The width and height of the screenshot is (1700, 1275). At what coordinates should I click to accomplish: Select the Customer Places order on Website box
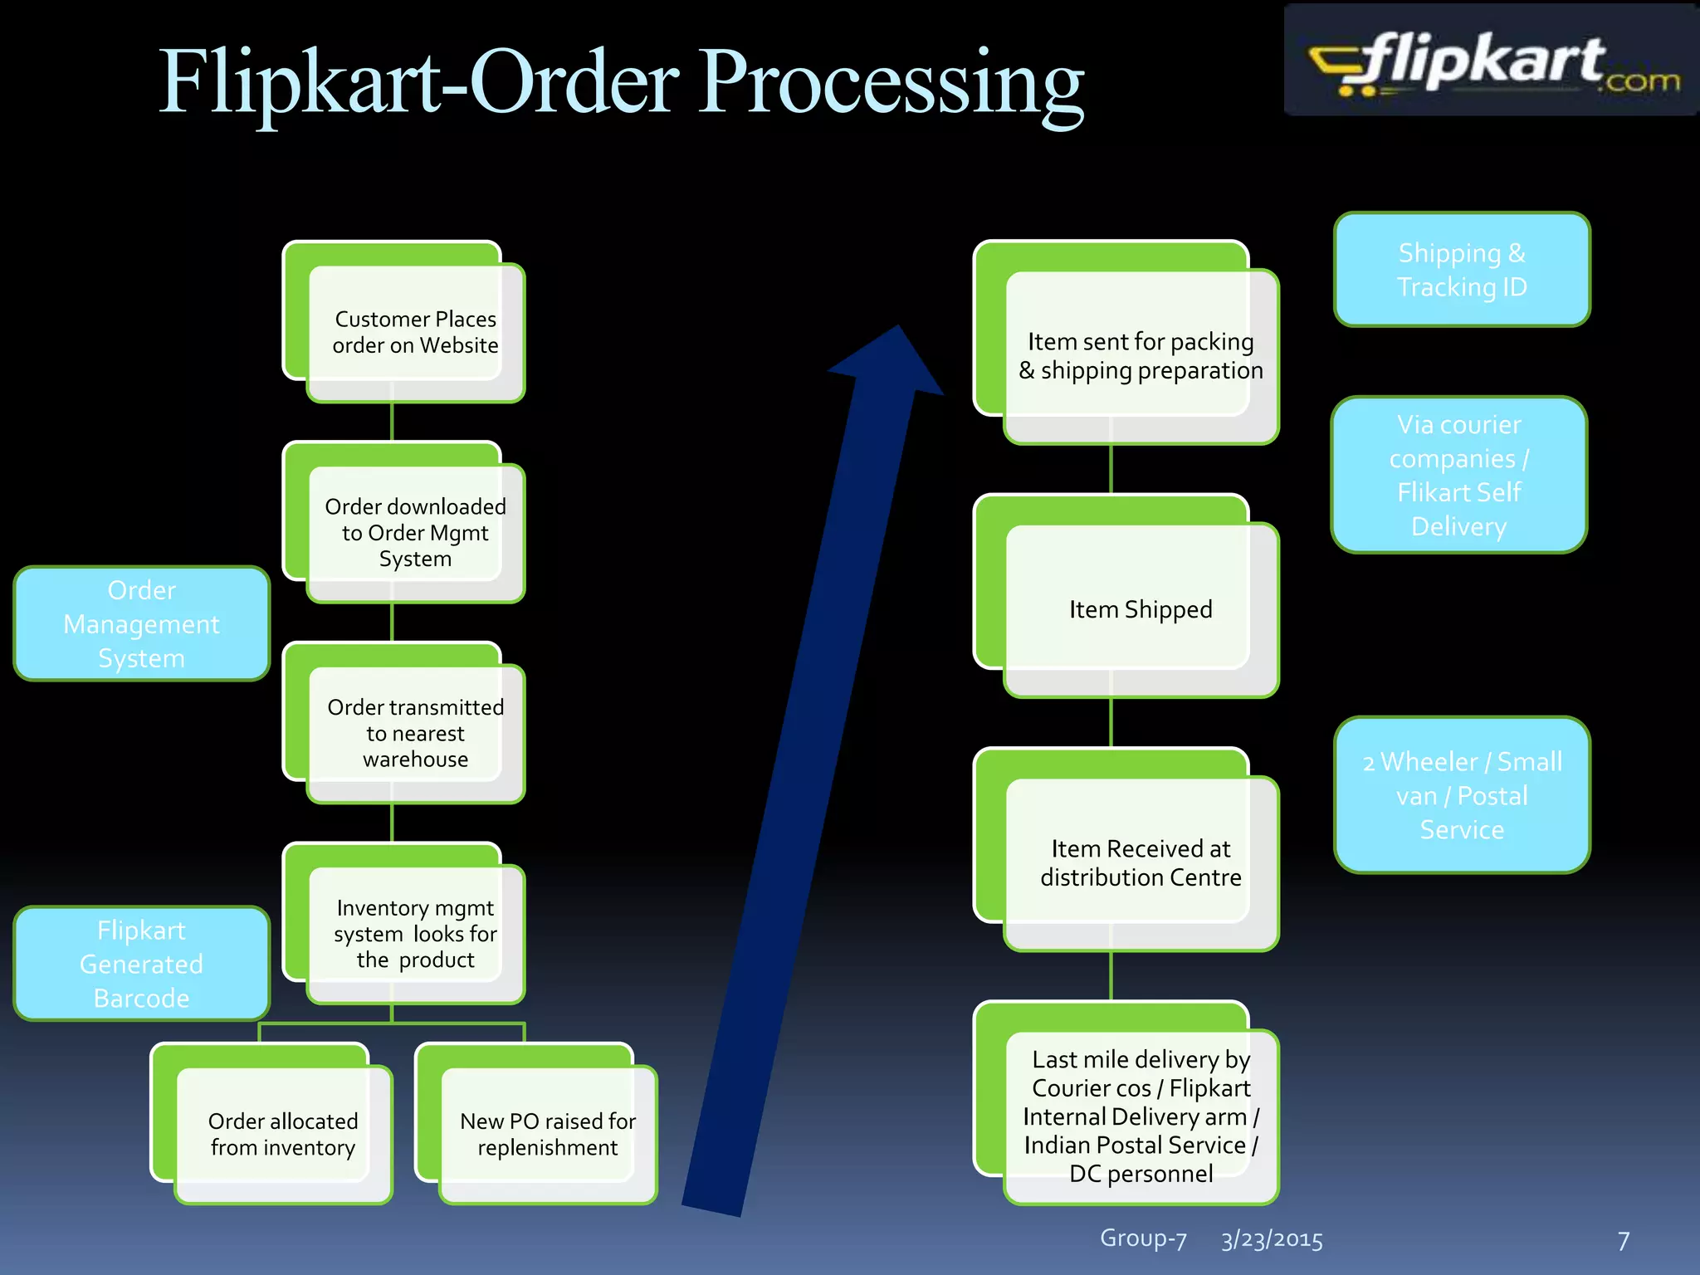tap(415, 332)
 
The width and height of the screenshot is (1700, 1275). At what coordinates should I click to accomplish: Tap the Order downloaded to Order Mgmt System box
tap(415, 532)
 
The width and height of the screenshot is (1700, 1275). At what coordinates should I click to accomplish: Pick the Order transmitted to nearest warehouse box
tap(415, 733)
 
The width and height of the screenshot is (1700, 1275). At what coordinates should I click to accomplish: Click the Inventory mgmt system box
tap(415, 934)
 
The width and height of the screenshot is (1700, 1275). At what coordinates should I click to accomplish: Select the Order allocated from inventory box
tap(282, 1134)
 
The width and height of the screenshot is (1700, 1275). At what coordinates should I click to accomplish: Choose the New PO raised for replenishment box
tap(547, 1134)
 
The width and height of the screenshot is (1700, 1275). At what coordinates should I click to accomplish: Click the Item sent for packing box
tap(1141, 355)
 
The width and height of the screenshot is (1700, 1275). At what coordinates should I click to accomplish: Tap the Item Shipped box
tap(1141, 609)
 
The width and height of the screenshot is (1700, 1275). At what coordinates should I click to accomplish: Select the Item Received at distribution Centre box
tap(1141, 862)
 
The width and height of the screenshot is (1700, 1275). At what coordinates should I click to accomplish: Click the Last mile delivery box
tap(1141, 1116)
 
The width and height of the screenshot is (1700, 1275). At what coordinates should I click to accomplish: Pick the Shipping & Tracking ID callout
tap(1462, 270)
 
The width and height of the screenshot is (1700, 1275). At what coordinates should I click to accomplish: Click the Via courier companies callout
tap(1459, 475)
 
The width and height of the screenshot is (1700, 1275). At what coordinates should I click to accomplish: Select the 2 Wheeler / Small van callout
tap(1462, 795)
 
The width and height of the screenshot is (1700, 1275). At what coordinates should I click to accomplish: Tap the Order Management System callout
tap(142, 624)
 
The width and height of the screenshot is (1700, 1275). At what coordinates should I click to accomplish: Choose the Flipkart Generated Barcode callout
tap(142, 964)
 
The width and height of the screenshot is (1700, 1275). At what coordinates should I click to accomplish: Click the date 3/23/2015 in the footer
tap(1272, 1239)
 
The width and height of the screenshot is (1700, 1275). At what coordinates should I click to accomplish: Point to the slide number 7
tap(1624, 1241)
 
